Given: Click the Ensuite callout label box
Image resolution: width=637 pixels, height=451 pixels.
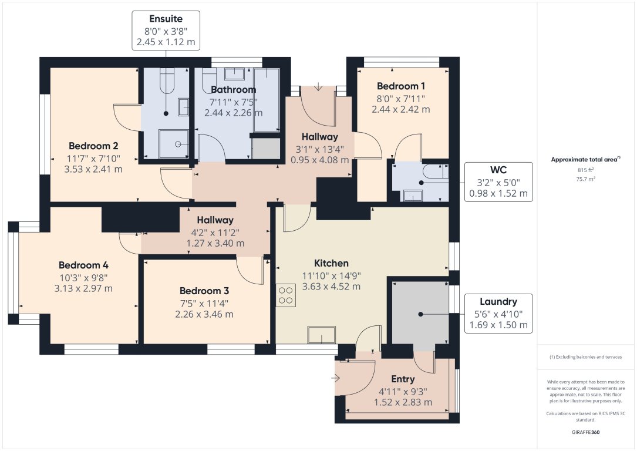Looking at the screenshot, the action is coord(166,31).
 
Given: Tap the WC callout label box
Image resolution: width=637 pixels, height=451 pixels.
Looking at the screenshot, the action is coord(498,182).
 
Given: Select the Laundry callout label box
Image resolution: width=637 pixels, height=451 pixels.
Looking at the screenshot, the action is coord(498,313).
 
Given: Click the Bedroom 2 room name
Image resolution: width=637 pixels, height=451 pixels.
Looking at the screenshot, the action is coord(93,146).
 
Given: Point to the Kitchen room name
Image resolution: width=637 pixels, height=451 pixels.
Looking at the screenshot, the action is coord(331,263).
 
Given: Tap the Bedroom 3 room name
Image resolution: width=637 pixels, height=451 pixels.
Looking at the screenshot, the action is coord(204,291).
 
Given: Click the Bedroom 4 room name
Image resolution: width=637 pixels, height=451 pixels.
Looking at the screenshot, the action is coord(84,265).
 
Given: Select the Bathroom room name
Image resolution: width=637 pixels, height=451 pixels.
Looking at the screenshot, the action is coord(233,89).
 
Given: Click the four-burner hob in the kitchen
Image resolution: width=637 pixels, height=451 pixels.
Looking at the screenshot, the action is coord(286,295).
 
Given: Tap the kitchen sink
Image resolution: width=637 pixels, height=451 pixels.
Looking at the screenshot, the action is coord(321,335).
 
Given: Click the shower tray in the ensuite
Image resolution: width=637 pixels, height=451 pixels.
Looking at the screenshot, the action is coord(173,144).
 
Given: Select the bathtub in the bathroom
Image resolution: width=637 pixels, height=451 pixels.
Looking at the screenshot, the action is coord(266,100).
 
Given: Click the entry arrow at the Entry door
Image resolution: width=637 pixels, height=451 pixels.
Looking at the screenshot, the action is coord(335,379).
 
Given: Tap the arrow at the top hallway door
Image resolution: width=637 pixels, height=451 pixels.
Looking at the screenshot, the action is coord(318,86).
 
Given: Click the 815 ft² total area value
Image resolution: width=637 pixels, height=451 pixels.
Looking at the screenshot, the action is coord(585,170).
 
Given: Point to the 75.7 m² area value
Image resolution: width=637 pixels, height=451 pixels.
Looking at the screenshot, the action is coord(585,179).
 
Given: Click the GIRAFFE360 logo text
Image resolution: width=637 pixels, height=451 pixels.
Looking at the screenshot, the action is coord(585,432).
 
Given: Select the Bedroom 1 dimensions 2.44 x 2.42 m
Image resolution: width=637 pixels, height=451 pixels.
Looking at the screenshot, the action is coord(400,109).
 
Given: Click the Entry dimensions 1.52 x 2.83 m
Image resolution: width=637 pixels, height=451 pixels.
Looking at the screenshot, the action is coord(403,402).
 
